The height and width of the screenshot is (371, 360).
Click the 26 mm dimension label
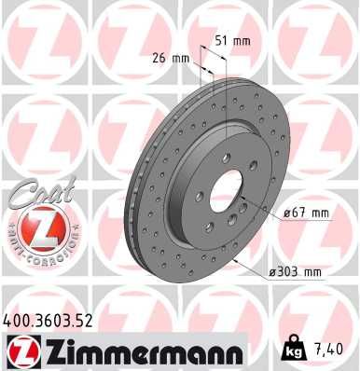(x=170, y=57)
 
